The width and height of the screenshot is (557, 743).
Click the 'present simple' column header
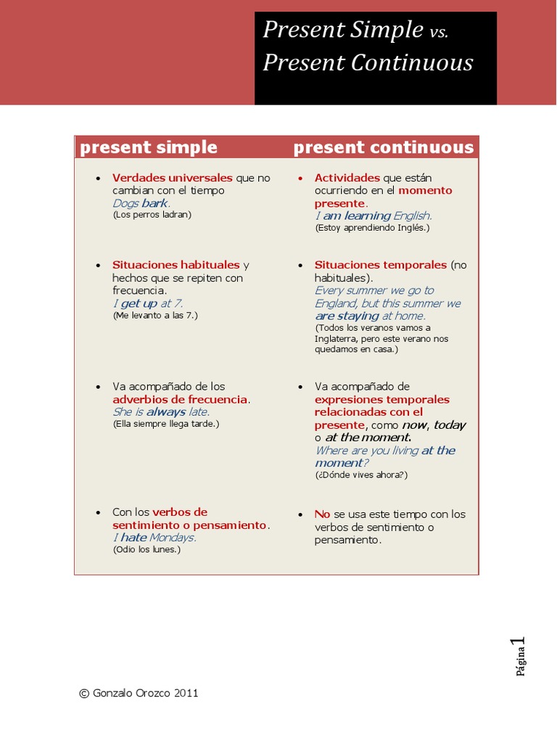pyautogui.click(x=149, y=147)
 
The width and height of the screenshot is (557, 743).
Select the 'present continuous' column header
pyautogui.click(x=383, y=147)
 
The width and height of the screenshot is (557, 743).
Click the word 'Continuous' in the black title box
pyautogui.click(x=413, y=63)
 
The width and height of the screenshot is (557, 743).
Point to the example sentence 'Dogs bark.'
pyautogui.click(x=141, y=203)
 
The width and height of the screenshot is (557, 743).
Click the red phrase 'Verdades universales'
pyautogui.click(x=172, y=178)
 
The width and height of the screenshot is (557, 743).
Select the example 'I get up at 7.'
pyautogui.click(x=147, y=303)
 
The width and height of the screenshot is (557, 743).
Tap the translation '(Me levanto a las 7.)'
pyautogui.click(x=155, y=316)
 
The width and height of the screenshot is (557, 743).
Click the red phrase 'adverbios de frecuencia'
pyautogui.click(x=181, y=400)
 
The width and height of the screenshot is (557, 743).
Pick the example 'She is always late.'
pyautogui.click(x=161, y=412)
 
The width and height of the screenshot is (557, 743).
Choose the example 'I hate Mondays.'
pyautogui.click(x=154, y=538)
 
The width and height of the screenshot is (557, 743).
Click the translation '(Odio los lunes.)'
pyautogui.click(x=147, y=550)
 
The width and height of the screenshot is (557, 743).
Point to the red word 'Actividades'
pyautogui.click(x=347, y=178)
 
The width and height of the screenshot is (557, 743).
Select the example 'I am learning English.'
pyautogui.click(x=373, y=215)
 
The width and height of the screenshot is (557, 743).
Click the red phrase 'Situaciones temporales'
pyautogui.click(x=380, y=265)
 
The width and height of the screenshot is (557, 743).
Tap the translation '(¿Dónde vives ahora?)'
pyautogui.click(x=361, y=475)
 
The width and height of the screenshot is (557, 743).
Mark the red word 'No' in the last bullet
pyautogui.click(x=322, y=514)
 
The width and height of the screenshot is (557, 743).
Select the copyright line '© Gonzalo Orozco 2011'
pyautogui.click(x=139, y=693)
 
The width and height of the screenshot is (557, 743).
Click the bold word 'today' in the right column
pyautogui.click(x=450, y=425)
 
